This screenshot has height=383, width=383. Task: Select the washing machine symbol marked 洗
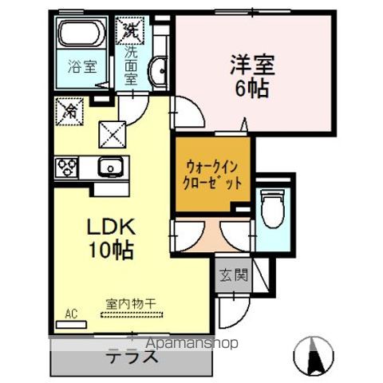129,31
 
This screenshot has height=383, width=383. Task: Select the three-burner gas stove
66,168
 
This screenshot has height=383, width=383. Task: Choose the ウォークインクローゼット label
211,173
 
